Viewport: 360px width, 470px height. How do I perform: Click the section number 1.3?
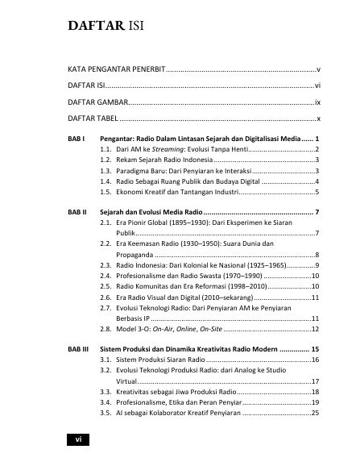tap(105, 171)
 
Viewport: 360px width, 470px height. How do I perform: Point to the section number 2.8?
tap(105, 329)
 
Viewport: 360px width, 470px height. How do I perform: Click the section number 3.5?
tap(105, 413)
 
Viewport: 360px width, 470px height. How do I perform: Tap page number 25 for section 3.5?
tap(316, 413)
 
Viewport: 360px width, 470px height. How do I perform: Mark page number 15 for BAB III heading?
tap(316, 348)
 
